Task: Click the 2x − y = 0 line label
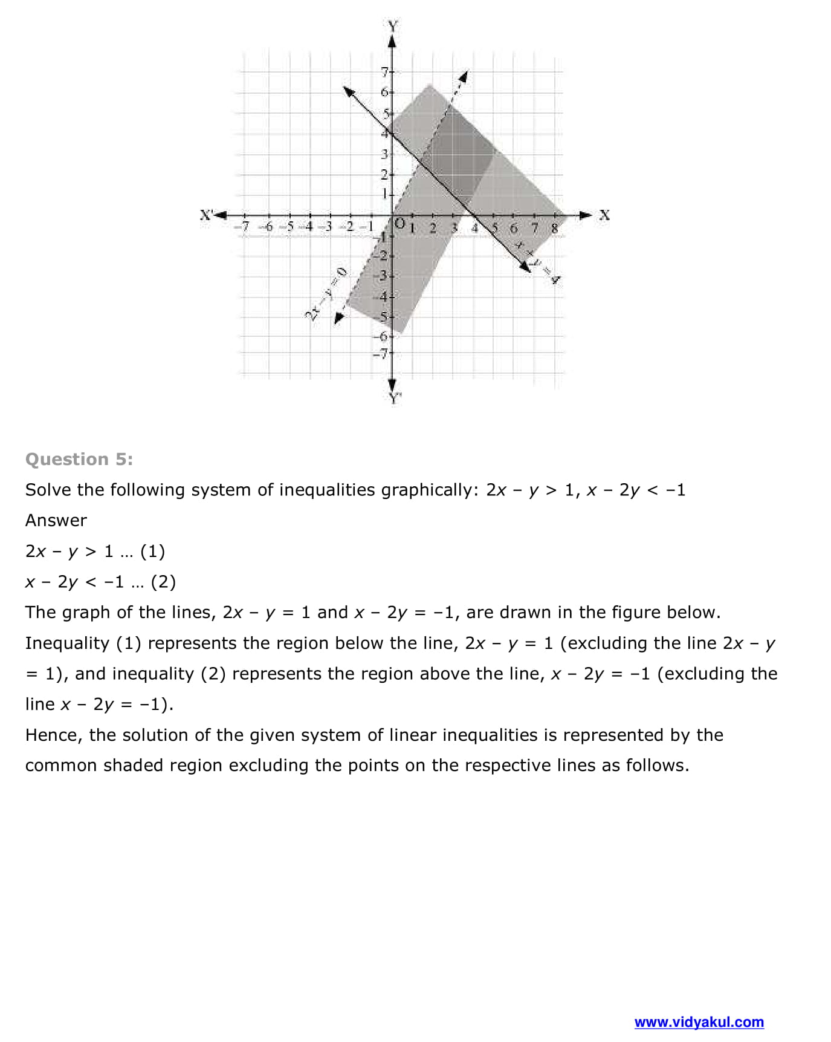pos(327,293)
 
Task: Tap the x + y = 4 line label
pos(537,261)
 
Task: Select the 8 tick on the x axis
pos(554,228)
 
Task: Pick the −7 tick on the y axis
pos(381,354)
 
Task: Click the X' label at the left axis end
pos(207,214)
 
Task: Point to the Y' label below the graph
pos(395,398)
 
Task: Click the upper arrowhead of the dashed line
pos(463,76)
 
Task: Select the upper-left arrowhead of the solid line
pos(349,91)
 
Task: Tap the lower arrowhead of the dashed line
pos(339,317)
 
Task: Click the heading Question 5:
pos(79,460)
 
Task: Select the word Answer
pos(56,521)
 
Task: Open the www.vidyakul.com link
pos(699,1022)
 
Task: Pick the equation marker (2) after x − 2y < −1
pos(163,582)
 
